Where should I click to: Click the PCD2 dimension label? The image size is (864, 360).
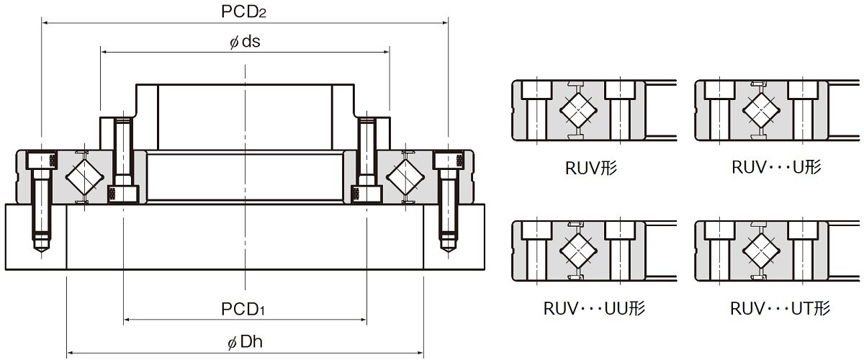coord(243,12)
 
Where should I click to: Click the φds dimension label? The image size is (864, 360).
coord(245,42)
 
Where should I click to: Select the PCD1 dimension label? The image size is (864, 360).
coord(243,309)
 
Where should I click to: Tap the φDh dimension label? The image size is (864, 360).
coord(245,342)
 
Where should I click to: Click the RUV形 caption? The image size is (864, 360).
coord(591,168)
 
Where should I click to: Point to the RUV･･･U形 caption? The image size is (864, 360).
coord(776,167)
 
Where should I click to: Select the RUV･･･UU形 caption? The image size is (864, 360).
coord(594,308)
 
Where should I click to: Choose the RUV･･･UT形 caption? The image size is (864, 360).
coord(780,308)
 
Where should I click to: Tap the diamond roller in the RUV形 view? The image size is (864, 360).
coord(579,110)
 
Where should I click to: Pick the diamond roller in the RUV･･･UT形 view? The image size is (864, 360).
coord(762,251)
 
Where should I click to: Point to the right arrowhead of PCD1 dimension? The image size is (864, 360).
coord(363,320)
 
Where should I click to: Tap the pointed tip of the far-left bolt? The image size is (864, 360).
coord(42,252)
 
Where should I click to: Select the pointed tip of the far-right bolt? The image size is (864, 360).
coord(448,252)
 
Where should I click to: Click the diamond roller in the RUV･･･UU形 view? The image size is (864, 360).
coord(579,251)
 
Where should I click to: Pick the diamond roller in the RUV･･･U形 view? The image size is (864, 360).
coord(762,110)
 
